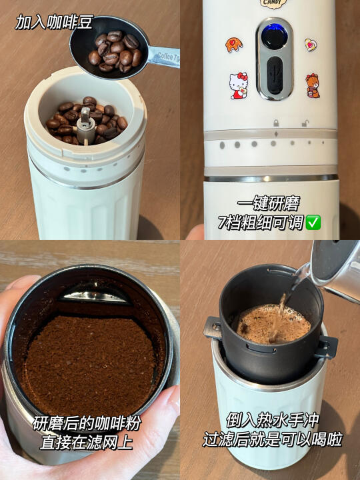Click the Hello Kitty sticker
[x=239, y=86]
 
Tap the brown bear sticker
[x=312, y=86]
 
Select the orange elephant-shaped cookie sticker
[x=234, y=45]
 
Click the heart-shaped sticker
[x=311, y=45]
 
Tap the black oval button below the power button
[x=275, y=75]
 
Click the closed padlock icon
[x=276, y=123]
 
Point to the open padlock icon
[x=305, y=123]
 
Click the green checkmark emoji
[x=313, y=223]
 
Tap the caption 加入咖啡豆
[x=54, y=22]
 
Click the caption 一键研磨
[x=269, y=203]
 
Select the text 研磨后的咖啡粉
[x=87, y=423]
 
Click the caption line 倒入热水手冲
[x=272, y=420]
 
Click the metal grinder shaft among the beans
[x=85, y=125]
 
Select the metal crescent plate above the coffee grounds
[x=95, y=295]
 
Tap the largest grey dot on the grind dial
[x=222, y=145]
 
